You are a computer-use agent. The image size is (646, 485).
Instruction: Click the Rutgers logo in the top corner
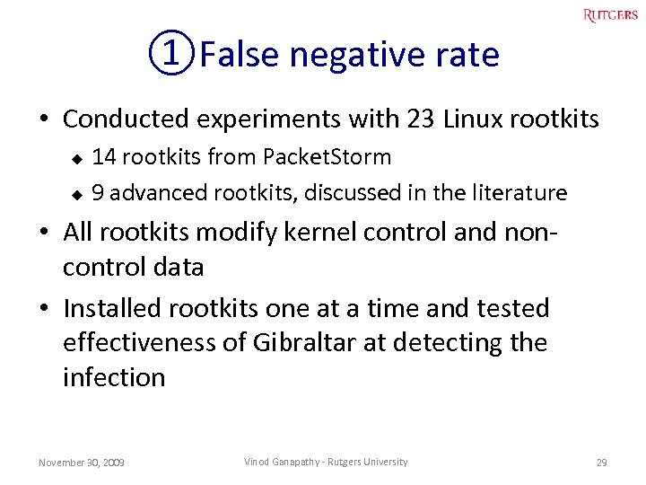click(610, 14)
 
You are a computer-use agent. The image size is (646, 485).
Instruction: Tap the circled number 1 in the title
click(170, 56)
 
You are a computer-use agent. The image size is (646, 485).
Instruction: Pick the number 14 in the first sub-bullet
click(104, 157)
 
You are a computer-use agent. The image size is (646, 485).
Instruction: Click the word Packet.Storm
click(327, 157)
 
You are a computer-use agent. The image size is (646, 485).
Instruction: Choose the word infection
click(114, 377)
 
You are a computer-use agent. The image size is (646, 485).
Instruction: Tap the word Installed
click(116, 308)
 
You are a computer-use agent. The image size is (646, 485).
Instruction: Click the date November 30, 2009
click(82, 463)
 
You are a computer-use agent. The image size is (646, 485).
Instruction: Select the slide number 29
click(602, 463)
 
